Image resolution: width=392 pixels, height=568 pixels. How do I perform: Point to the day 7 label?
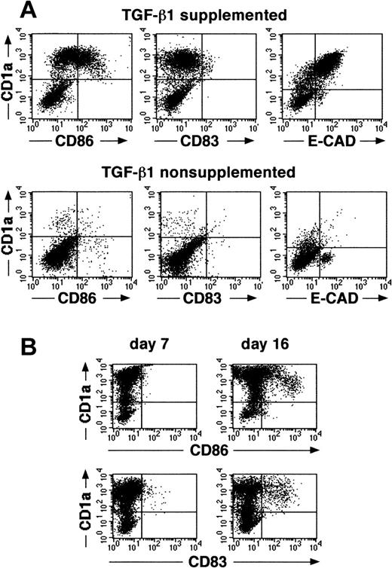[x=145, y=347]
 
